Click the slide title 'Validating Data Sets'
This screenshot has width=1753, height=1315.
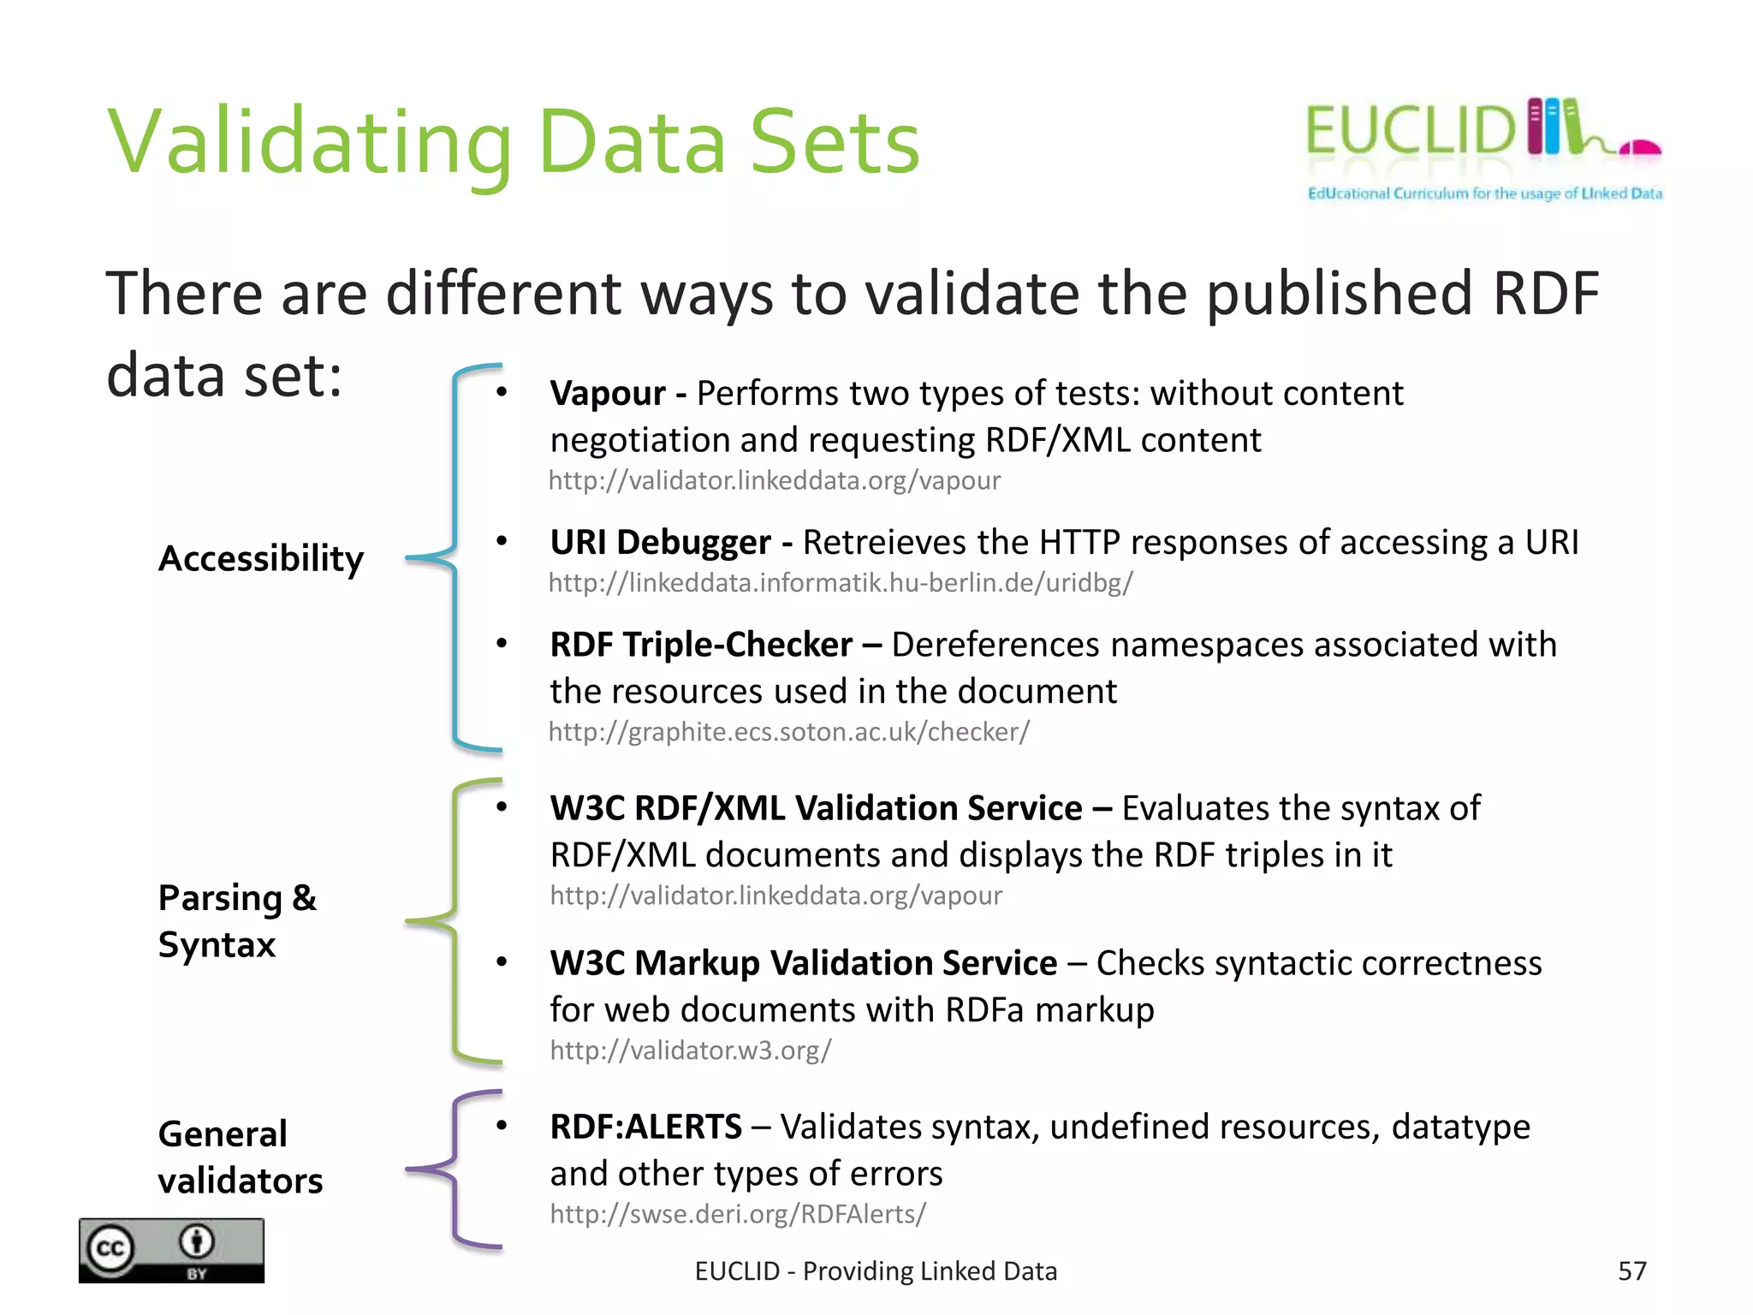point(513,143)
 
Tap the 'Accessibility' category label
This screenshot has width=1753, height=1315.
point(261,559)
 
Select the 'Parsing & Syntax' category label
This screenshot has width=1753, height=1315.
point(237,921)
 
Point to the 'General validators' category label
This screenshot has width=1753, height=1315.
point(241,1157)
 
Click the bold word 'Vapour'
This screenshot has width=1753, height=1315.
point(608,394)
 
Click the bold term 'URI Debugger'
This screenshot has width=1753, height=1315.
point(660,543)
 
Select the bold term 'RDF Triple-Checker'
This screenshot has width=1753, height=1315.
point(701,645)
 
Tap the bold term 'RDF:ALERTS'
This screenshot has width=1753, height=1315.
point(645,1127)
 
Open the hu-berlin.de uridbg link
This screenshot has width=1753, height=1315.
point(841,583)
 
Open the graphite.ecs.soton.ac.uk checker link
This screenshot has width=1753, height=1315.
point(788,732)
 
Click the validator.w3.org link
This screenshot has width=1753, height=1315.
point(690,1050)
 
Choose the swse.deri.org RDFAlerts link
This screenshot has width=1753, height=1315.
point(738,1214)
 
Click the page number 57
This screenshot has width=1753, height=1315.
point(1631,1271)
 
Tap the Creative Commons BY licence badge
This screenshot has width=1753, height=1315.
point(171,1251)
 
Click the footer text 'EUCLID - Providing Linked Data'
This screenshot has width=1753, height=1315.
point(876,1271)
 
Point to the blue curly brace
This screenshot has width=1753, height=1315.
point(455,558)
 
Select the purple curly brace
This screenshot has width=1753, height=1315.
point(454,1169)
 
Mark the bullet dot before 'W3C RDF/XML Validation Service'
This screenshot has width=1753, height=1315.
point(502,806)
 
